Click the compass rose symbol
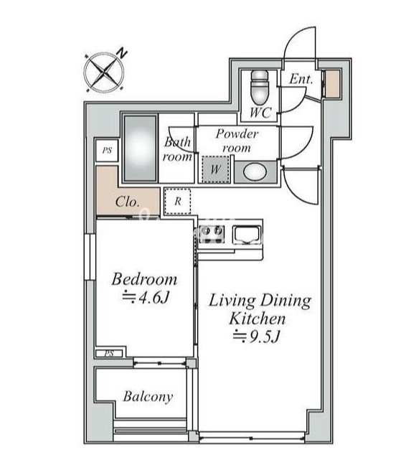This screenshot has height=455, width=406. click(104, 72)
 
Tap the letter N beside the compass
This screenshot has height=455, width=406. click(122, 53)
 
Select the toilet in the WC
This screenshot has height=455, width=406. click(260, 87)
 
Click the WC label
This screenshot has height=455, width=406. click(260, 112)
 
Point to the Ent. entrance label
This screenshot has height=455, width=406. click(301, 79)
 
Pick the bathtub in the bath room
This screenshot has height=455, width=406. click(141, 148)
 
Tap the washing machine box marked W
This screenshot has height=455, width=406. click(215, 169)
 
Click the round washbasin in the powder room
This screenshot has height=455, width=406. click(255, 172)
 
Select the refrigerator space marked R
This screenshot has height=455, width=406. click(177, 201)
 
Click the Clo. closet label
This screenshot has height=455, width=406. click(127, 202)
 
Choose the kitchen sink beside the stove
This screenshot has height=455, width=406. click(247, 234)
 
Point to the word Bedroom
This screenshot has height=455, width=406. click(144, 279)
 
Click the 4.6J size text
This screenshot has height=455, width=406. click(145, 297)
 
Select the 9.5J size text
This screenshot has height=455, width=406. click(256, 337)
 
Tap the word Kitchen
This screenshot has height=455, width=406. click(258, 319)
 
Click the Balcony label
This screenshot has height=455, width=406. click(148, 397)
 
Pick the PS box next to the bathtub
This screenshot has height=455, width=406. click(107, 151)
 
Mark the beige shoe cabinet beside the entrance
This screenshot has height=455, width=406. click(332, 83)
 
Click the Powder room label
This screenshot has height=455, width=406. click(237, 141)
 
